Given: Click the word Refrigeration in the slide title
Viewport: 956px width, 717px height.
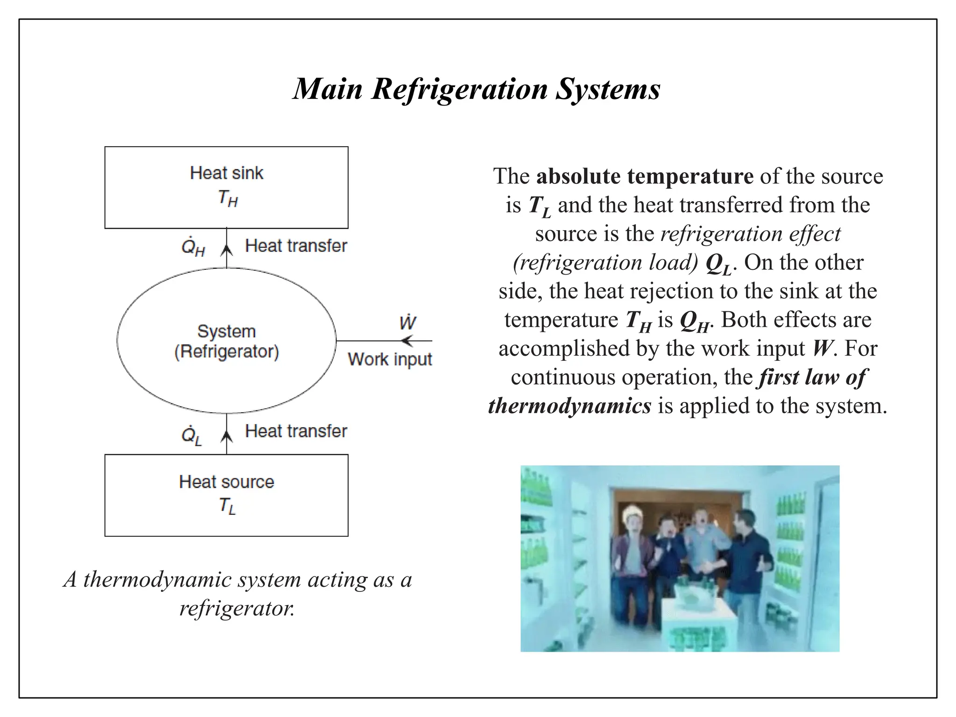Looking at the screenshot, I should click(x=459, y=89).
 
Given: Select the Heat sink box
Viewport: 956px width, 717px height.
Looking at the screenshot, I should click(x=226, y=187).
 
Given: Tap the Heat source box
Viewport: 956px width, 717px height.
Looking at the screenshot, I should click(x=226, y=495).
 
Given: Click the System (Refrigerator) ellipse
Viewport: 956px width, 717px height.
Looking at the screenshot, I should click(x=226, y=341).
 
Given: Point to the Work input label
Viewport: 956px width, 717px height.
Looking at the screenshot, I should click(x=390, y=359).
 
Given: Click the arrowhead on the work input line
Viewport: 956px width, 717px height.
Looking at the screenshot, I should click(x=407, y=341).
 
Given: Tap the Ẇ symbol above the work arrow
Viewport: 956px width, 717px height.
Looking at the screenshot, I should click(x=408, y=322).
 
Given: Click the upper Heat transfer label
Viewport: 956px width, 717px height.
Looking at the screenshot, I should click(x=296, y=246).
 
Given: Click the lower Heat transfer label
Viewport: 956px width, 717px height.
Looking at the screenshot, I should click(x=296, y=431).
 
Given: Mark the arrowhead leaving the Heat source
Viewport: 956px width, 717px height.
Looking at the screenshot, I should click(x=227, y=436).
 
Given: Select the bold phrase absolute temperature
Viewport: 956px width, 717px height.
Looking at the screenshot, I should click(x=645, y=176).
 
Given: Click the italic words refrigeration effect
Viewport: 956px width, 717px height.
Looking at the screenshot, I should click(x=750, y=233).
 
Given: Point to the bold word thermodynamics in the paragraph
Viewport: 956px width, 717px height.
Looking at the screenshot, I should click(x=569, y=406).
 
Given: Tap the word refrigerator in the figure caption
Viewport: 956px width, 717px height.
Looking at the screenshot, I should click(x=237, y=608).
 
